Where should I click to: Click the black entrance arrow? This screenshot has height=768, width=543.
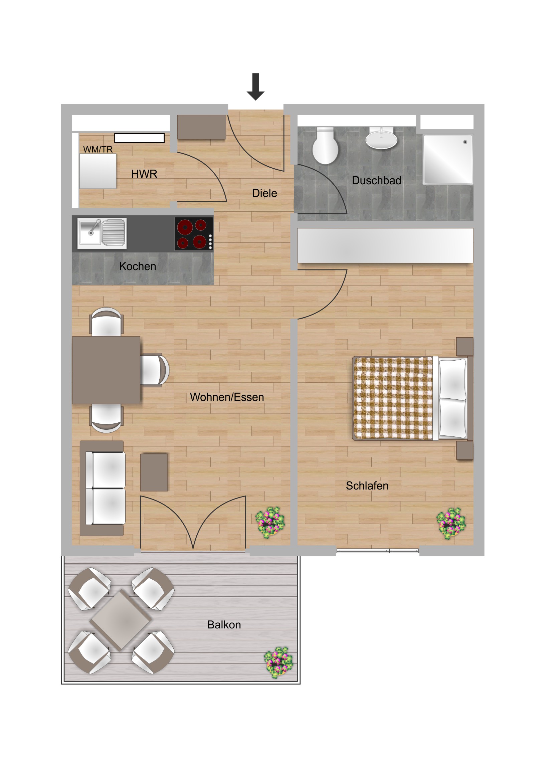[x=255, y=86]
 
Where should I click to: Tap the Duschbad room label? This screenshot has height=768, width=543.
[x=376, y=181]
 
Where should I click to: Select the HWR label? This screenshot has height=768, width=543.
[x=144, y=174]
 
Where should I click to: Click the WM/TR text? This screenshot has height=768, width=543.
[x=98, y=149]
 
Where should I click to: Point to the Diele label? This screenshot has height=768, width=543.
[x=264, y=193]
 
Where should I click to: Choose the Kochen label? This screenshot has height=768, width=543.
[x=138, y=266]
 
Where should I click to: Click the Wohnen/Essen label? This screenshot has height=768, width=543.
[x=227, y=397]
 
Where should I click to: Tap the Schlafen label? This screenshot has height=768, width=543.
[x=367, y=486]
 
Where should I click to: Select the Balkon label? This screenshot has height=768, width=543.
[x=224, y=624]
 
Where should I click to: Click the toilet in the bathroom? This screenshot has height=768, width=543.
[x=325, y=146]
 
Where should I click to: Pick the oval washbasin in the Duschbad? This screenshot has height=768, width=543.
[x=381, y=138]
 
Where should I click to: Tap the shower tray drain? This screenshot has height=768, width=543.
[x=465, y=142]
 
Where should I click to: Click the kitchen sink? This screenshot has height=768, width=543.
[x=102, y=233]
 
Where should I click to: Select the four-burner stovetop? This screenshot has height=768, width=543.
[x=194, y=234]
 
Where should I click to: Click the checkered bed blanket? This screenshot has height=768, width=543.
[x=393, y=398]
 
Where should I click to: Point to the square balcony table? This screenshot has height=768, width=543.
[x=121, y=620]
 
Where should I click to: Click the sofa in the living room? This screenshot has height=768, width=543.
[x=103, y=489]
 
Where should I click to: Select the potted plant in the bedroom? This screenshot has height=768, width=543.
[x=451, y=523]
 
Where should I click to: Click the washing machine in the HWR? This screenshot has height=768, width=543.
[x=98, y=171]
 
